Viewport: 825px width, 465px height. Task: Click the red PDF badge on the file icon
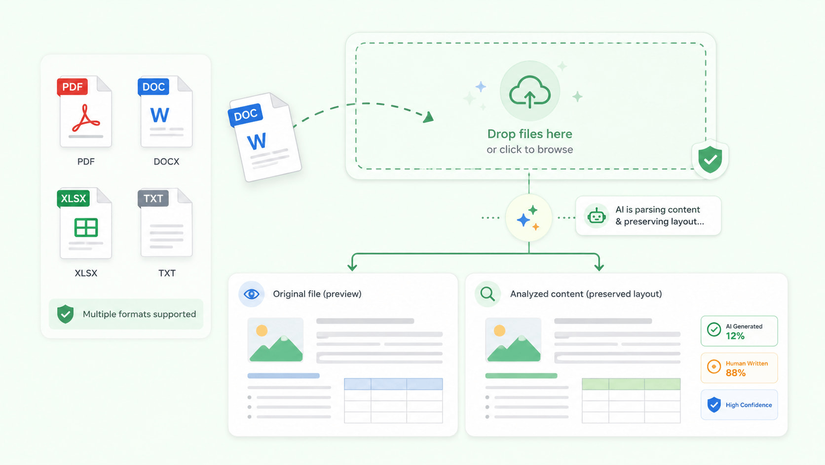pyautogui.click(x=72, y=86)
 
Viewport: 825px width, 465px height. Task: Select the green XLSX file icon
pyautogui.click(x=84, y=223)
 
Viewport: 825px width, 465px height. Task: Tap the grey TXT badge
pyautogui.click(x=153, y=198)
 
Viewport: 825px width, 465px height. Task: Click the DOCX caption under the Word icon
pyautogui.click(x=166, y=162)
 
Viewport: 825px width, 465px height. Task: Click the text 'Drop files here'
pyautogui.click(x=529, y=134)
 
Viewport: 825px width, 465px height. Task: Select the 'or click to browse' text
pyautogui.click(x=529, y=149)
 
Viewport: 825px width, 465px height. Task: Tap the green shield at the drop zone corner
pyautogui.click(x=710, y=159)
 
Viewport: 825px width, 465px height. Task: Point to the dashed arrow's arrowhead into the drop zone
pyautogui.click(x=428, y=118)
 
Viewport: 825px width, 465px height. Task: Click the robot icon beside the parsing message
pyautogui.click(x=596, y=216)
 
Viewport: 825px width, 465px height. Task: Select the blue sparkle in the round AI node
pyautogui.click(x=524, y=220)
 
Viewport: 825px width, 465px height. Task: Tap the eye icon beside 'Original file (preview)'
pyautogui.click(x=252, y=294)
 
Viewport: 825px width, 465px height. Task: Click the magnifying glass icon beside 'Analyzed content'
pyautogui.click(x=487, y=294)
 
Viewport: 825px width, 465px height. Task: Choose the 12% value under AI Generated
pyautogui.click(x=735, y=336)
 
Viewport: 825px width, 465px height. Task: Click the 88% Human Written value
pyautogui.click(x=736, y=373)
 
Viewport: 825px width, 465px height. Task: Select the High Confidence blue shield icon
pyautogui.click(x=714, y=405)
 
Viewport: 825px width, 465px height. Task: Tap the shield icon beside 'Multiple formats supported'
pyautogui.click(x=65, y=314)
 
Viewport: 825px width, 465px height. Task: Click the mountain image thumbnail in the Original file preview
pyautogui.click(x=275, y=340)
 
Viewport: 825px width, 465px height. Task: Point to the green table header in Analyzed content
pyautogui.click(x=631, y=384)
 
